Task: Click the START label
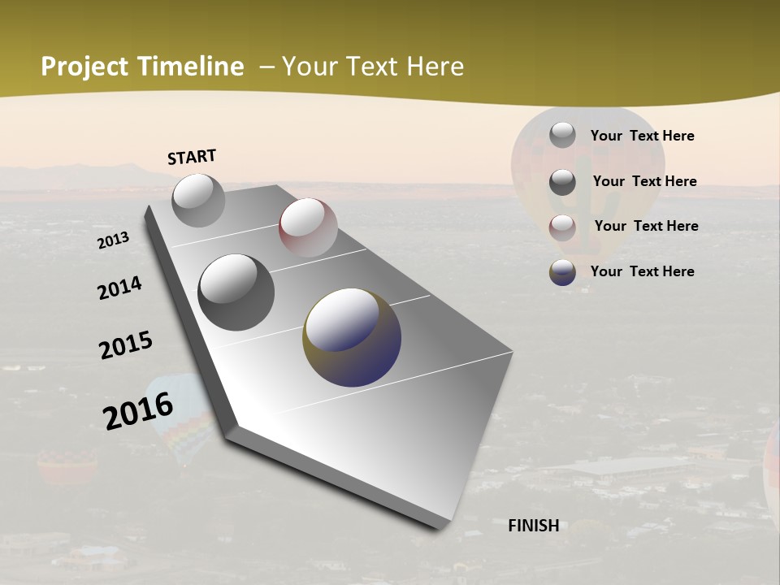click(x=192, y=157)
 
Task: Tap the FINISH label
click(x=534, y=526)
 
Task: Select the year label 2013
click(x=113, y=240)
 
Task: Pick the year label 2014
click(x=119, y=288)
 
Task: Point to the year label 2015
click(x=126, y=345)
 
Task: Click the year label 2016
click(x=138, y=410)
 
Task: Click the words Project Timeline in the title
click(x=142, y=67)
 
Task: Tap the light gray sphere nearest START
click(x=198, y=200)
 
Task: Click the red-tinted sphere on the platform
click(x=308, y=227)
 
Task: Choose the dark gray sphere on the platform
click(x=236, y=292)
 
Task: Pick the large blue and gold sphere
click(x=352, y=336)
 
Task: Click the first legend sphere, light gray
click(x=562, y=135)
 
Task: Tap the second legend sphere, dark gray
click(x=562, y=181)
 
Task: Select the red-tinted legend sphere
click(x=562, y=227)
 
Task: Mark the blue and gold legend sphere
click(x=562, y=272)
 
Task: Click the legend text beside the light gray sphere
click(x=642, y=136)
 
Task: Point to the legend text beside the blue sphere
click(x=642, y=271)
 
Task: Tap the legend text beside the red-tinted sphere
click(x=646, y=226)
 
